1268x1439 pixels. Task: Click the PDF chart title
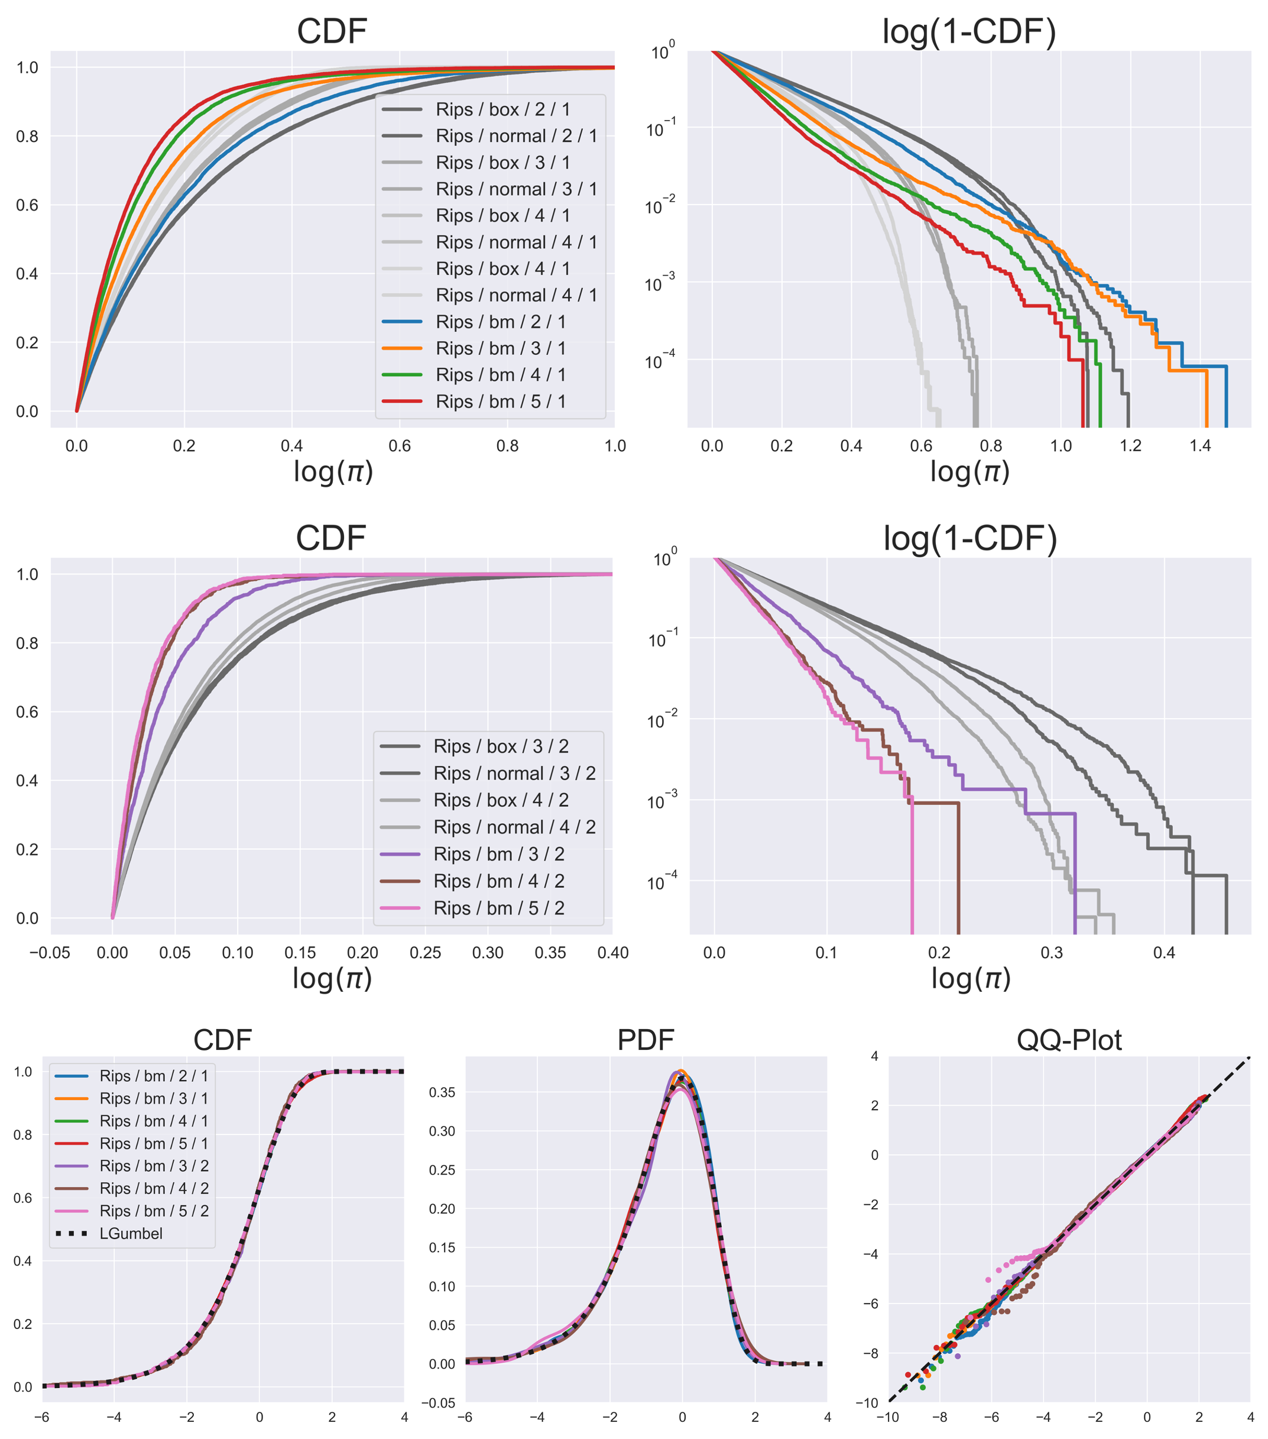[x=646, y=1040]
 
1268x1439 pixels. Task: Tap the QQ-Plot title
[x=1069, y=1040]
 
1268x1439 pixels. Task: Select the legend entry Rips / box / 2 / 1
[x=502, y=109]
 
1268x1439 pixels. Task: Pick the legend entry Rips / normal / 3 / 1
[x=516, y=189]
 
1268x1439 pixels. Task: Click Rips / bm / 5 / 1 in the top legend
[x=500, y=401]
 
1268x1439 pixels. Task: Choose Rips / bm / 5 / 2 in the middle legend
[x=498, y=908]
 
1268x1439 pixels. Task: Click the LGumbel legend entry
[x=131, y=1233]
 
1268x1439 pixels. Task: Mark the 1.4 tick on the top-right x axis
[x=1201, y=445]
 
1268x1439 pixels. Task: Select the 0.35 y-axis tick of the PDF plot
[x=443, y=1092]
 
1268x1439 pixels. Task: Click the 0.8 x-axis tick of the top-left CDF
[x=507, y=445]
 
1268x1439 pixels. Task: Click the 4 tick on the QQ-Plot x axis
[x=1250, y=1417]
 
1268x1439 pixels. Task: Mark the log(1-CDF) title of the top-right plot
[x=969, y=32]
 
